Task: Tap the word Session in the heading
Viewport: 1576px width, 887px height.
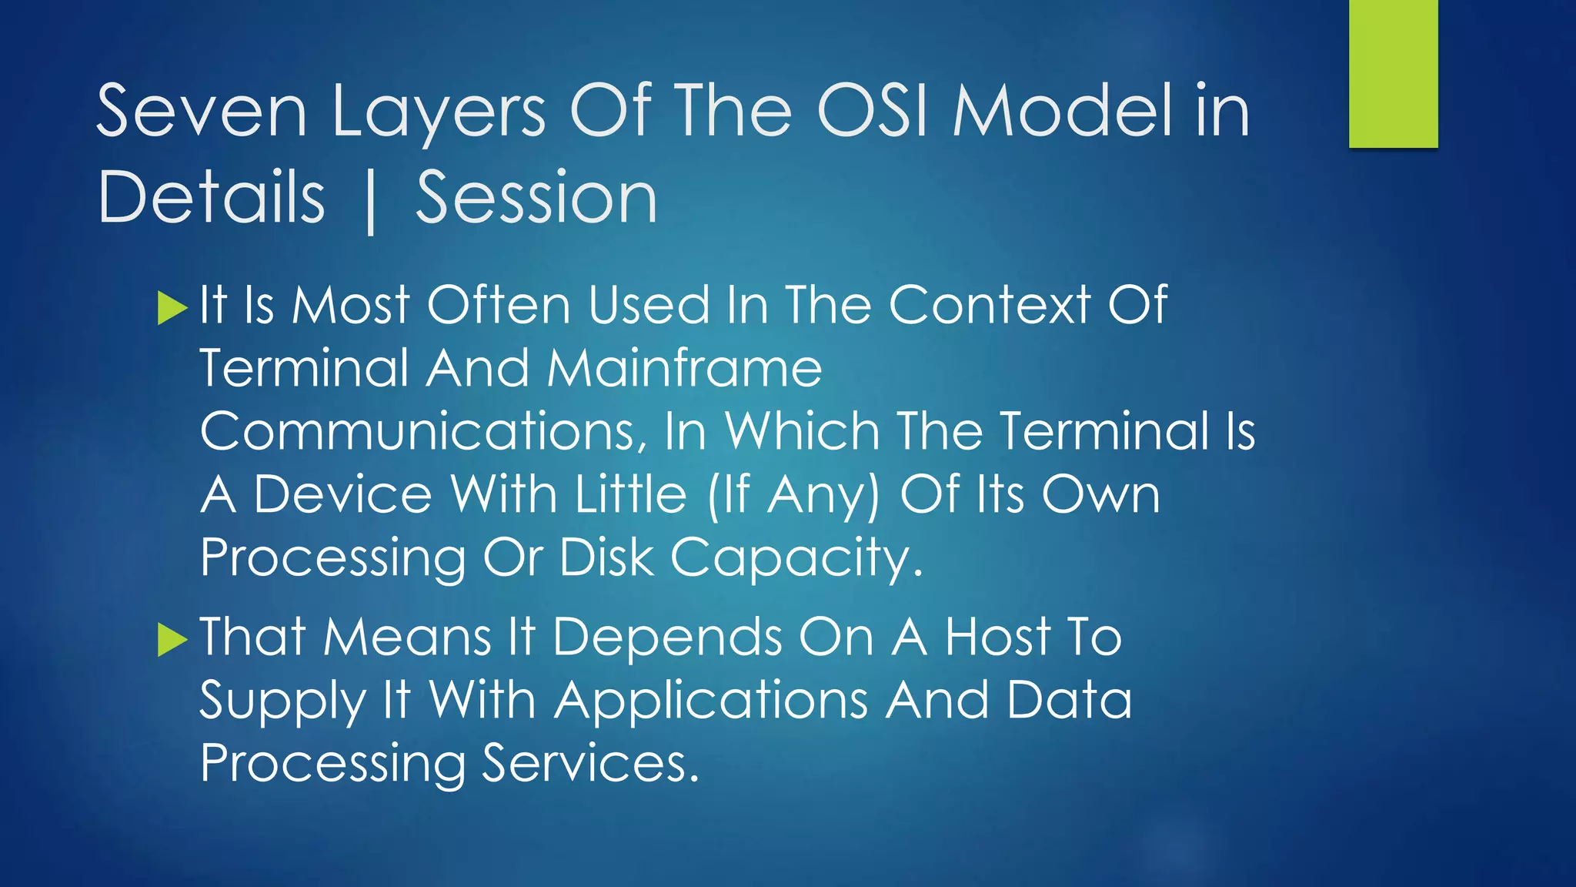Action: [536, 199]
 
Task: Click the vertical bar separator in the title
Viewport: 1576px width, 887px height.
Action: [371, 202]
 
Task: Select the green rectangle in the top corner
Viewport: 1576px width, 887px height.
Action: [1393, 73]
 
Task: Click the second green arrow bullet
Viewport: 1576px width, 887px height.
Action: [172, 640]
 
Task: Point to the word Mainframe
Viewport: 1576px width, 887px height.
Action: [684, 368]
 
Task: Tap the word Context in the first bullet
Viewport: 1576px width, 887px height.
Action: [990, 305]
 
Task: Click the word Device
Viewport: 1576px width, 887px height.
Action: [342, 494]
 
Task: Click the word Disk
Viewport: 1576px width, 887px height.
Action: [606, 557]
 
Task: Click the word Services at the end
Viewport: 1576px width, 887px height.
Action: [590, 764]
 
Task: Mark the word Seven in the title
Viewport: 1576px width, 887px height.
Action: [202, 112]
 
